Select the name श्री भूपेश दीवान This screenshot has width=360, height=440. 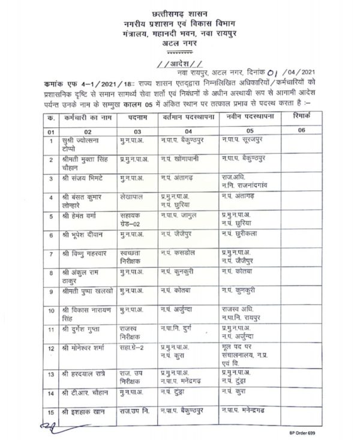[x=83, y=233]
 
